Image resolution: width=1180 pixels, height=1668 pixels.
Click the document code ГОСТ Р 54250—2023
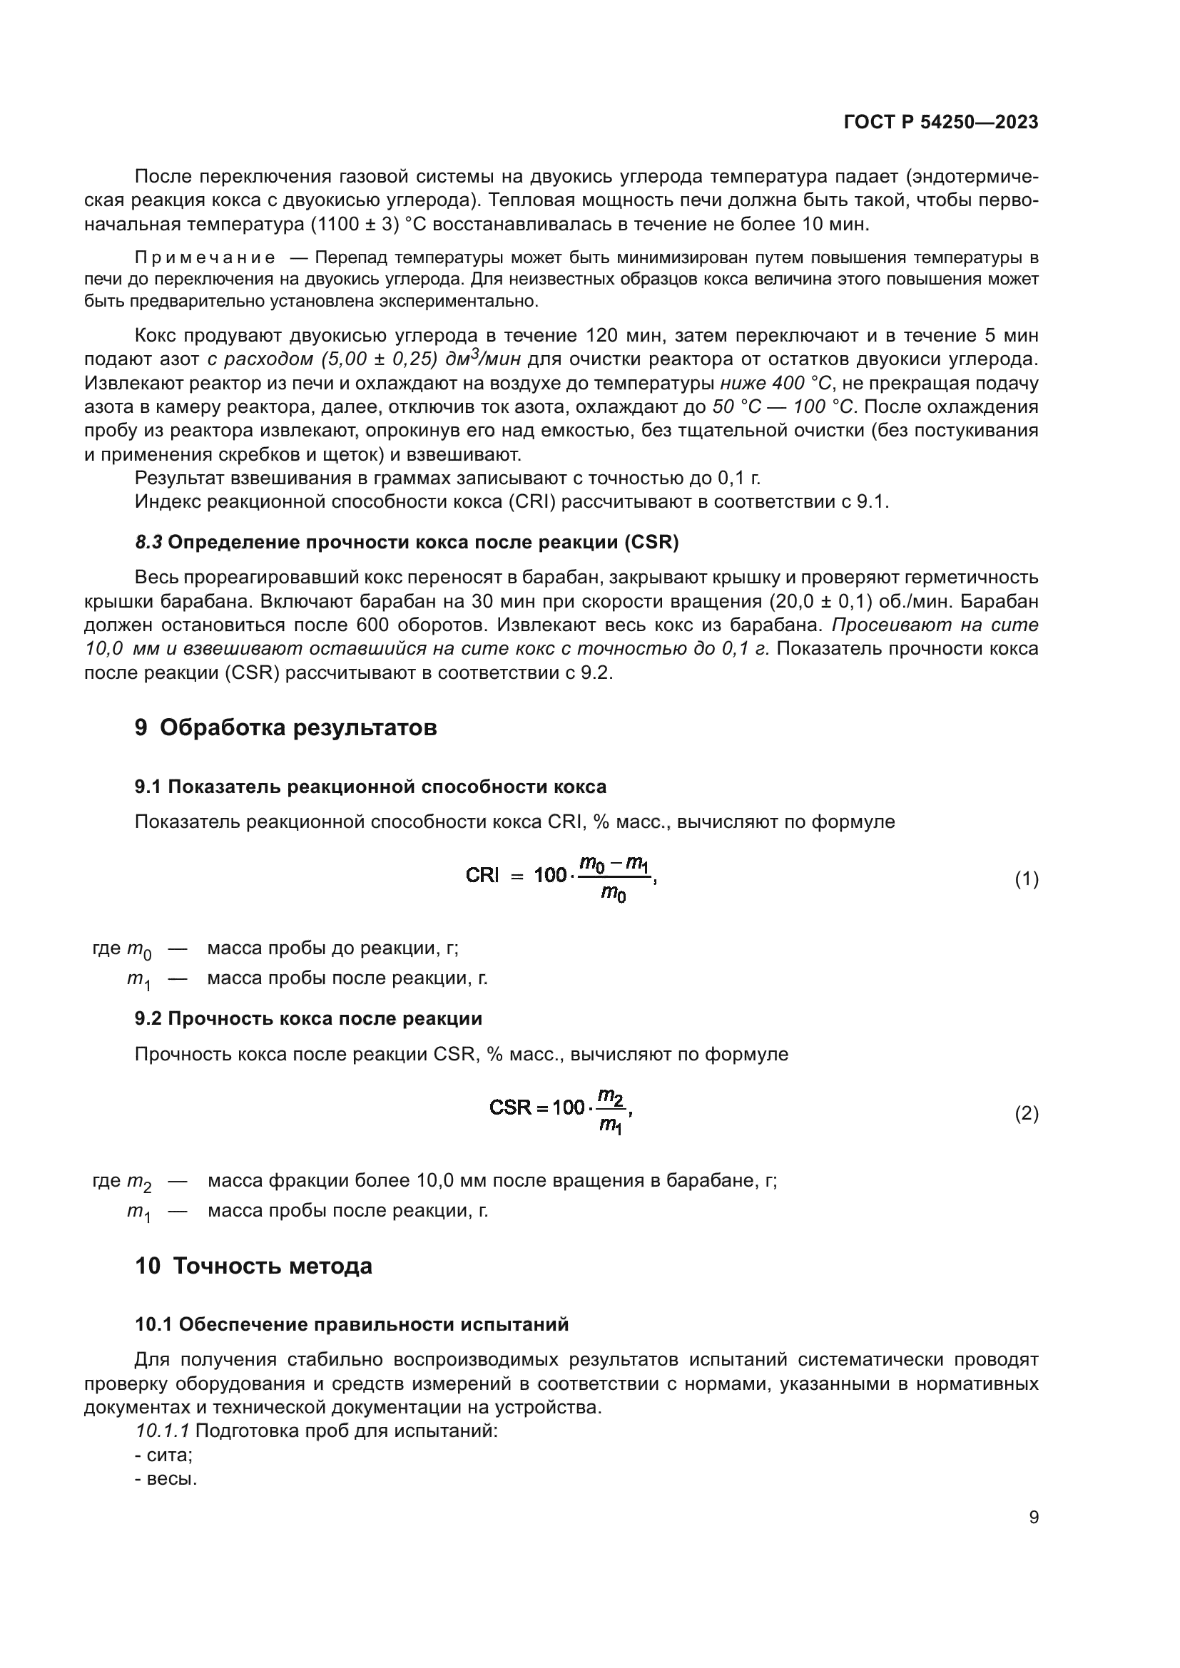[x=940, y=122]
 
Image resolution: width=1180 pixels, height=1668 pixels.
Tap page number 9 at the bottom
[x=1033, y=1517]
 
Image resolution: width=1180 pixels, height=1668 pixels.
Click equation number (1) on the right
[x=1026, y=880]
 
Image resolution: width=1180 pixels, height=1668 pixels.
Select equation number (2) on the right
[x=1026, y=1113]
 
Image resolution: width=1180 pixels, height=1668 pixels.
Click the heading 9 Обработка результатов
[x=285, y=727]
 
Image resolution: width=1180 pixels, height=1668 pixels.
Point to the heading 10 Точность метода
[x=253, y=1266]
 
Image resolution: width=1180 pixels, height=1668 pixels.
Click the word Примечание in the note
[x=205, y=258]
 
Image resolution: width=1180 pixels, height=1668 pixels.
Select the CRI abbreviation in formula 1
[x=482, y=876]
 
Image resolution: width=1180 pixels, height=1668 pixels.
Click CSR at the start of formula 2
[x=511, y=1107]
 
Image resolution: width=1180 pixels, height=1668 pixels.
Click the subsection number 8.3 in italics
[x=148, y=543]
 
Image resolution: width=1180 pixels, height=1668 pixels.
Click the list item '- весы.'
[x=166, y=1478]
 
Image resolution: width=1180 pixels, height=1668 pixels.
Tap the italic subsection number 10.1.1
[x=162, y=1431]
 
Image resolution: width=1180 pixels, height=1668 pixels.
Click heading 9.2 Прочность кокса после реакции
[x=308, y=1018]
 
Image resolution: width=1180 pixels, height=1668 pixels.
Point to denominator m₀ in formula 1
[x=614, y=894]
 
